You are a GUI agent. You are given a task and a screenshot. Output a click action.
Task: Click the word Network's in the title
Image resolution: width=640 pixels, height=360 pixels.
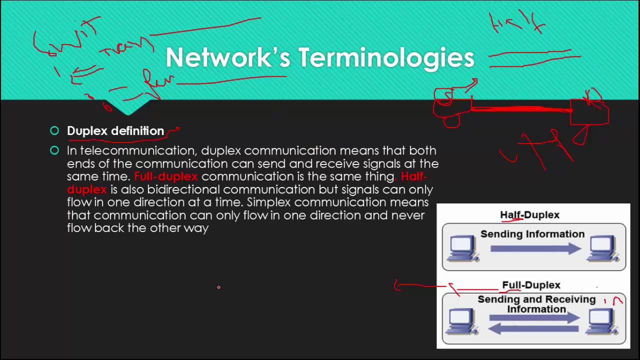tap(227, 57)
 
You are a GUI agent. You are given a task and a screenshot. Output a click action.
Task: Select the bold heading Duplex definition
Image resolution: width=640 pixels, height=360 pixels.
tap(115, 131)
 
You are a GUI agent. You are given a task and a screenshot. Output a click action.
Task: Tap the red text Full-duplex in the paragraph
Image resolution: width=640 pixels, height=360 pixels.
tap(166, 176)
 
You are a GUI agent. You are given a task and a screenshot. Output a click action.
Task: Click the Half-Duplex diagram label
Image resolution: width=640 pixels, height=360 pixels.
tap(529, 215)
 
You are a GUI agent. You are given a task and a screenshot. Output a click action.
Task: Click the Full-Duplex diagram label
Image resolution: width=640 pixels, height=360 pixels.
tap(531, 285)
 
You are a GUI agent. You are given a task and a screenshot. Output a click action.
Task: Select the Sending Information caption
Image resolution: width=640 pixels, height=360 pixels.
tap(532, 234)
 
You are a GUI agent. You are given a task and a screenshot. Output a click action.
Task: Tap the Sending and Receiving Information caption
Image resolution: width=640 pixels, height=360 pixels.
tap(536, 304)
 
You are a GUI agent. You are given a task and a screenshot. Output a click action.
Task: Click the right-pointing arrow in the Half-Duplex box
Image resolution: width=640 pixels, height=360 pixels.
tap(535, 248)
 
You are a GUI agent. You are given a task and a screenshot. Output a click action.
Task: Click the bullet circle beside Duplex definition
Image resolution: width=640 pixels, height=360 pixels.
tap(54, 131)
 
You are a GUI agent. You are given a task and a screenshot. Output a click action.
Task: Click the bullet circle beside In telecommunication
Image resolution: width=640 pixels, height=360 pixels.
tap(54, 150)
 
